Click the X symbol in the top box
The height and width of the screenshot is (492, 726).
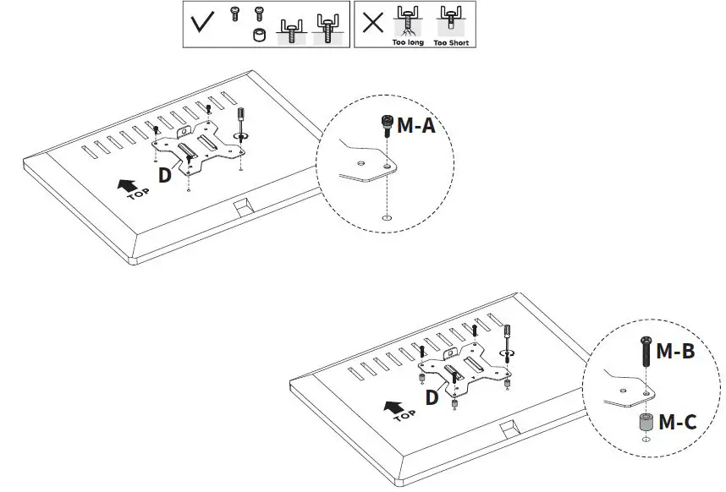[372, 23]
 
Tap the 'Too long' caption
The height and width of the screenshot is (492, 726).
[409, 42]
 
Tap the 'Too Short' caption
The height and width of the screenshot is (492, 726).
[451, 42]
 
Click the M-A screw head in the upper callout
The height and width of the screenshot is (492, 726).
[387, 123]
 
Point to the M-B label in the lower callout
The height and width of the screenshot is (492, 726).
[675, 349]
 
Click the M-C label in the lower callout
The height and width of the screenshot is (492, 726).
[677, 420]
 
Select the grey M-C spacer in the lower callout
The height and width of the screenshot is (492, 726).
[646, 421]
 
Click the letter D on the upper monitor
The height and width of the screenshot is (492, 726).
[165, 175]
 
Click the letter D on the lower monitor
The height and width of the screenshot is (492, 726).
[432, 396]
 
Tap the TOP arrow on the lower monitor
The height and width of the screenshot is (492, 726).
[394, 411]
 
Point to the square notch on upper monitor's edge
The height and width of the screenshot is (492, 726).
[241, 205]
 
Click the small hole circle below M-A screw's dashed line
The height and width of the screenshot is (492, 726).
[387, 219]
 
